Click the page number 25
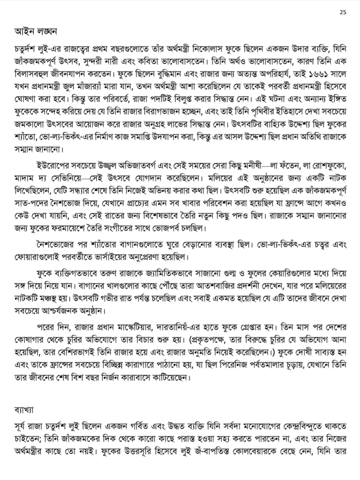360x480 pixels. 343,13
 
